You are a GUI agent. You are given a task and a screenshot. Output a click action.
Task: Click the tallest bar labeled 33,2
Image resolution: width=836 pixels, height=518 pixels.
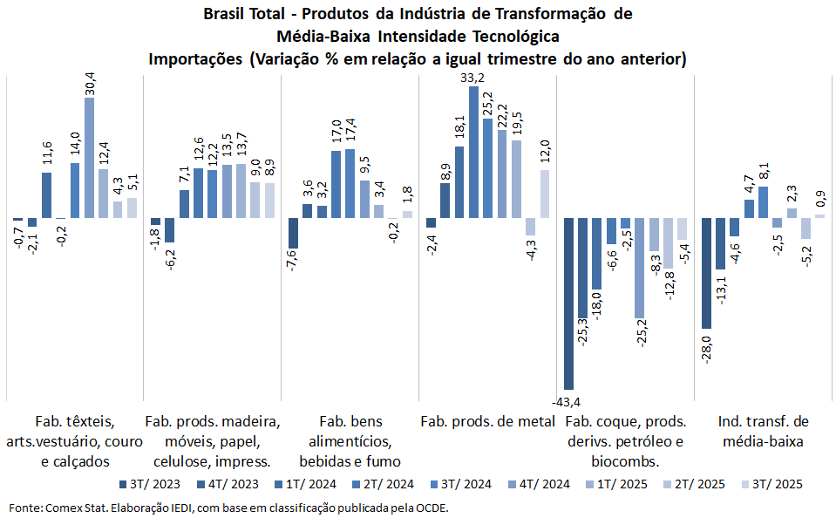(x=473, y=152)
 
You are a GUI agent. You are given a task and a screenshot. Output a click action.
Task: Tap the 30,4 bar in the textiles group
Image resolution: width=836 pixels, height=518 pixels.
(x=90, y=157)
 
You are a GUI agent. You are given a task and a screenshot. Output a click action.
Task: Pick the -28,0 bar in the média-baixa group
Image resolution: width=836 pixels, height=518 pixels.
(x=706, y=275)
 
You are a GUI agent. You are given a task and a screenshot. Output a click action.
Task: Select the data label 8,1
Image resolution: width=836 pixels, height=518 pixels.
(x=763, y=170)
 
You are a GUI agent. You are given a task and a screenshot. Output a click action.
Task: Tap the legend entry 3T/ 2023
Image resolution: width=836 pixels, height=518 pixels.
(x=156, y=484)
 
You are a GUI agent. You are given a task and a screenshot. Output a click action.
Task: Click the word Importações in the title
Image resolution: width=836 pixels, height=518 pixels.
(x=196, y=60)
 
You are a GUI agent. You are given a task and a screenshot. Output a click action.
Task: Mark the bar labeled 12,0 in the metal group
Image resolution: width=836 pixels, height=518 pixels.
(x=545, y=193)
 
